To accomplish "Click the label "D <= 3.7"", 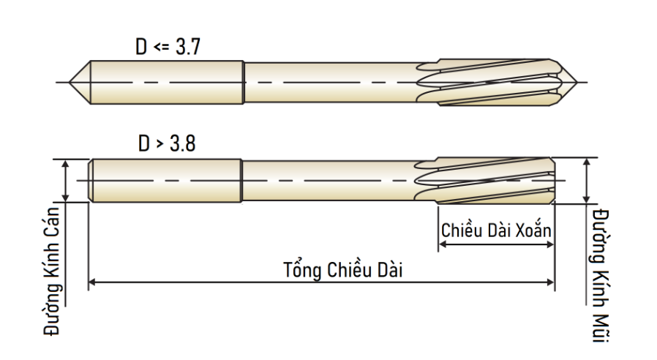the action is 168,47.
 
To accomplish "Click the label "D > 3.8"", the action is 167,143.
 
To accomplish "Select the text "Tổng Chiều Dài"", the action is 342,269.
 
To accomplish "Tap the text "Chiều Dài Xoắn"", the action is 496,230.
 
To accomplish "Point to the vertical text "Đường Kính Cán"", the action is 53,271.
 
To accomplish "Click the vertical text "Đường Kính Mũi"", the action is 601,275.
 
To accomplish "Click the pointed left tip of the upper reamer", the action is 70,82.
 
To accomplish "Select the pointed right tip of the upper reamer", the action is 577,82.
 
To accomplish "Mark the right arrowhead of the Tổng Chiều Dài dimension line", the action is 551,282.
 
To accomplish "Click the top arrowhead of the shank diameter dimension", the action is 65,163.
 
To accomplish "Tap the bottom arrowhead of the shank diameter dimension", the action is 65,198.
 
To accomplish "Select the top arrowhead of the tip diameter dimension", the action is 587,162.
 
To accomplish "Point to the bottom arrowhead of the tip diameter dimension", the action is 587,200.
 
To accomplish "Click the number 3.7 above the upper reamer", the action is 188,47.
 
